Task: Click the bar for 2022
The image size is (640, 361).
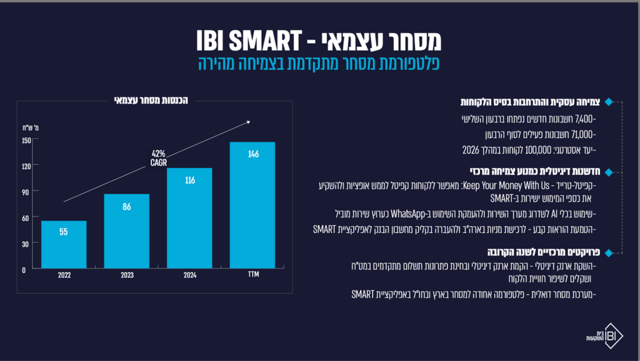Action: (64, 245)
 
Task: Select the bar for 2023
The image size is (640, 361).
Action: (127, 232)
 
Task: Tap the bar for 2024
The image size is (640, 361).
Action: (190, 219)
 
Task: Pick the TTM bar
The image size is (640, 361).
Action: (252, 206)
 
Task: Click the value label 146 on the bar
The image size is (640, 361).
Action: (252, 154)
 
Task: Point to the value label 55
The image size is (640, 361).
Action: (64, 232)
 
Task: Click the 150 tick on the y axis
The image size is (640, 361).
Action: (26, 140)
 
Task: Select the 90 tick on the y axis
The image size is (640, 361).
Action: (26, 192)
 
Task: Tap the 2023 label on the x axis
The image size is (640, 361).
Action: (127, 275)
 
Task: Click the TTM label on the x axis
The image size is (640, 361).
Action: (252, 275)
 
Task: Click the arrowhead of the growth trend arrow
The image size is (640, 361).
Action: (247, 122)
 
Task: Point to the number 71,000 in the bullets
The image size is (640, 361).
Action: (585, 134)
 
